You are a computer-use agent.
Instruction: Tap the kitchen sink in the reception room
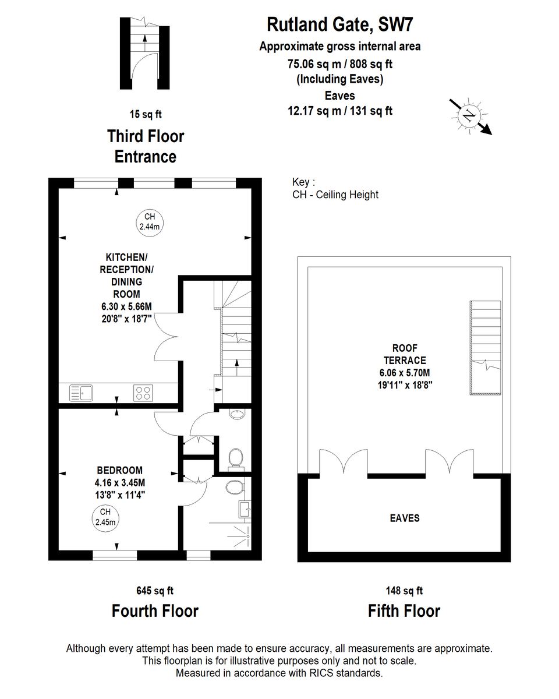pos(81,393)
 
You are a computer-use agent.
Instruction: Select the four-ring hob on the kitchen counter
pos(143,393)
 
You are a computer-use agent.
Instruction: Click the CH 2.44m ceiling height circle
pos(150,223)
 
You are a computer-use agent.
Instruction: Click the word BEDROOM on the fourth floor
pos(120,470)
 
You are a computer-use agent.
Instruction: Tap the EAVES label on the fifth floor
pos(405,518)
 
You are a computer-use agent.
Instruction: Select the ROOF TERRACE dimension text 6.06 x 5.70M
pos(405,373)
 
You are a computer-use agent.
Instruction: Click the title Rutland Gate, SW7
pos(339,24)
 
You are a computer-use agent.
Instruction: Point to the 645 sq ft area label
pos(155,590)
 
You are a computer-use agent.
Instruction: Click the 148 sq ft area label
pos(404,590)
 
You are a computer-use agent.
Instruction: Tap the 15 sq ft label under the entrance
pos(146,114)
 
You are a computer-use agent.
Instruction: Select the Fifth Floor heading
pos(404,611)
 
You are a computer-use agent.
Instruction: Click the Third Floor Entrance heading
pos(146,146)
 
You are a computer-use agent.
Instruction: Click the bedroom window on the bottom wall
pos(115,555)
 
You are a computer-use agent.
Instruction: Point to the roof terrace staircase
pos(485,348)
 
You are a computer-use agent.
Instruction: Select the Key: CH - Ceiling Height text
pos(335,188)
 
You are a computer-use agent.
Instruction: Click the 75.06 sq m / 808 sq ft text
pos(339,63)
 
